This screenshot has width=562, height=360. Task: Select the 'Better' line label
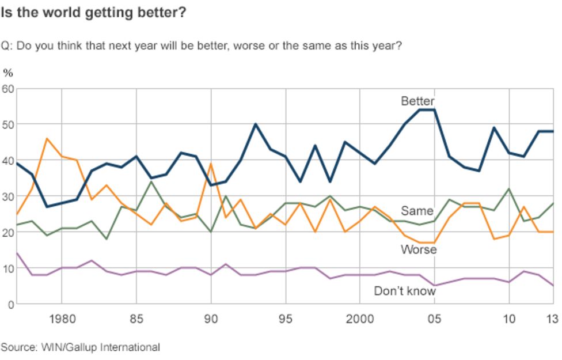(x=417, y=101)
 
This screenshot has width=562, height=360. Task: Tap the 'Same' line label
(x=417, y=211)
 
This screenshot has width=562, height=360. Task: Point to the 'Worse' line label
(x=419, y=249)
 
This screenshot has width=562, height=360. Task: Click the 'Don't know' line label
(x=405, y=291)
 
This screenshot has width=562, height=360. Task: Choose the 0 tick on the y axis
(x=10, y=304)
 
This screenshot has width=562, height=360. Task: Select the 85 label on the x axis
(x=136, y=319)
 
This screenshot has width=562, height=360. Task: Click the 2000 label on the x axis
(x=360, y=319)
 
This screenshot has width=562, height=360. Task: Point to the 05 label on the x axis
(x=435, y=319)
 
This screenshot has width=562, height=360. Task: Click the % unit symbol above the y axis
(x=7, y=73)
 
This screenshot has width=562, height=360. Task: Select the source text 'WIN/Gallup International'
(x=100, y=347)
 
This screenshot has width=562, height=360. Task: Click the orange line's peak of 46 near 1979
(x=47, y=139)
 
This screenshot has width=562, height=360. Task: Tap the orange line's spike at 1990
(x=211, y=164)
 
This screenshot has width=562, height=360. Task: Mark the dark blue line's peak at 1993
(x=256, y=124)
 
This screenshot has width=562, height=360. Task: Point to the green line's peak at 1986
(x=151, y=182)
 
